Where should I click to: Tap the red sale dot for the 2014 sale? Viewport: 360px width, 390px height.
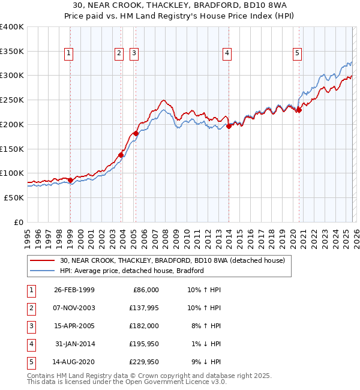point(229,126)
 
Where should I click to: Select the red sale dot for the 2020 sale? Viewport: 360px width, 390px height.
point(298,110)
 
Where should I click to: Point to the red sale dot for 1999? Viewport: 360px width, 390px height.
point(70,180)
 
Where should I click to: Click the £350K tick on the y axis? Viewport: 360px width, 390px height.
point(12,51)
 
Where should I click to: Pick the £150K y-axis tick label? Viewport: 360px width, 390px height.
point(12,148)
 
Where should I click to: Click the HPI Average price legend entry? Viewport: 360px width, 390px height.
point(132,271)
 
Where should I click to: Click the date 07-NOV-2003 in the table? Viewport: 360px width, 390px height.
point(74,308)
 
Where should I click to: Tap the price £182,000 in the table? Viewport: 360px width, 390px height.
point(144,326)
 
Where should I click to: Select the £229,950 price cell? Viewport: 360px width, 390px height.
point(144,362)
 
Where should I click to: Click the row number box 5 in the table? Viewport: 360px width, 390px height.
point(30,362)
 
